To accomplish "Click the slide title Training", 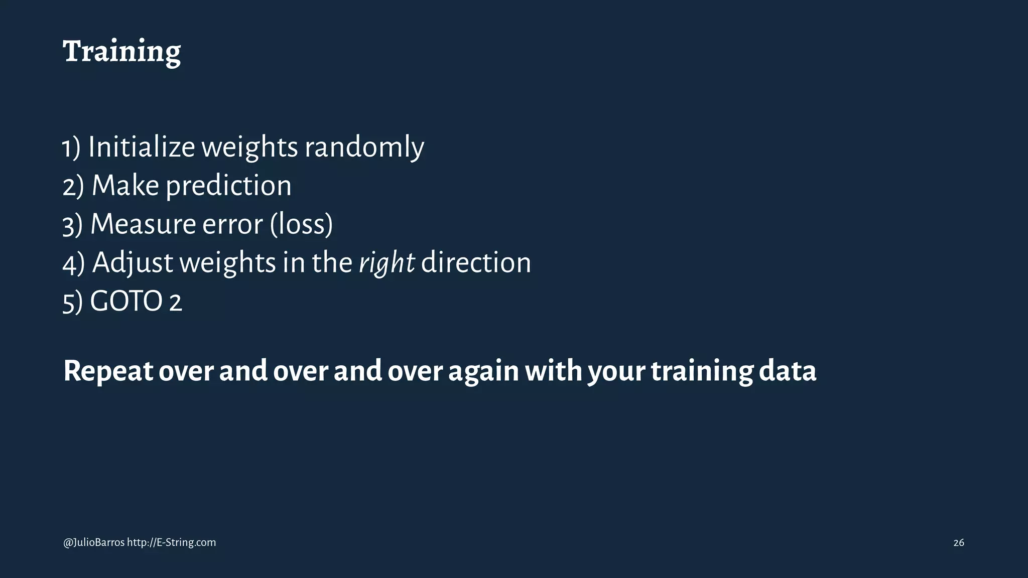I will pyautogui.click(x=121, y=52).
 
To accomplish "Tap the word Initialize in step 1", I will pyautogui.click(x=142, y=147).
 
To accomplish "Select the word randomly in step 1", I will pyautogui.click(x=364, y=147).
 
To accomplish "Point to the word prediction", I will pyautogui.click(x=228, y=186).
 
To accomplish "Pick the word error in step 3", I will pyautogui.click(x=232, y=224).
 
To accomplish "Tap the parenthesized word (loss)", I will pyautogui.click(x=301, y=224).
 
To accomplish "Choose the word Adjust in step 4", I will pyautogui.click(x=133, y=262).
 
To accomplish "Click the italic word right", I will pyautogui.click(x=387, y=262).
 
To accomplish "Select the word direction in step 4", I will pyautogui.click(x=475, y=262).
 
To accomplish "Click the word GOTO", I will pyautogui.click(x=126, y=301).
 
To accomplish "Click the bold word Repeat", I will pyautogui.click(x=108, y=371).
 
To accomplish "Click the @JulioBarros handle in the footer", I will pyautogui.click(x=94, y=542).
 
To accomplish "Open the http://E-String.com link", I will pyautogui.click(x=171, y=542).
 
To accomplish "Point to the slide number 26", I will pyautogui.click(x=958, y=543).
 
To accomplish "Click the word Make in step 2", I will pyautogui.click(x=125, y=186).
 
